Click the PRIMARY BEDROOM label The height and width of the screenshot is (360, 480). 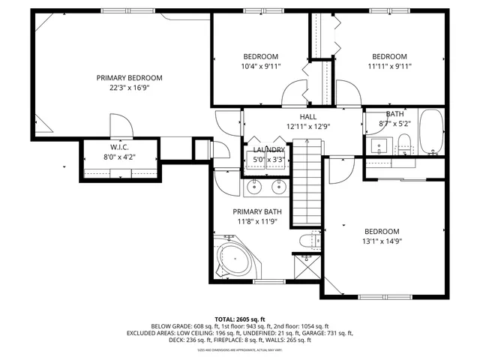click(x=129, y=77)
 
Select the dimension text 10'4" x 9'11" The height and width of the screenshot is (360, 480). click(x=260, y=66)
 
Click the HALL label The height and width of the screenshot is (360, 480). click(x=307, y=117)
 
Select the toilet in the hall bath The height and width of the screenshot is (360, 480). click(x=403, y=142)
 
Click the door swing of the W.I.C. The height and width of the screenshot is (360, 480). click(x=120, y=125)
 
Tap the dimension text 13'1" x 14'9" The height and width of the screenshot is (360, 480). click(x=382, y=241)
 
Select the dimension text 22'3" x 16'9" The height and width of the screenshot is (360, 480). click(x=129, y=87)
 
